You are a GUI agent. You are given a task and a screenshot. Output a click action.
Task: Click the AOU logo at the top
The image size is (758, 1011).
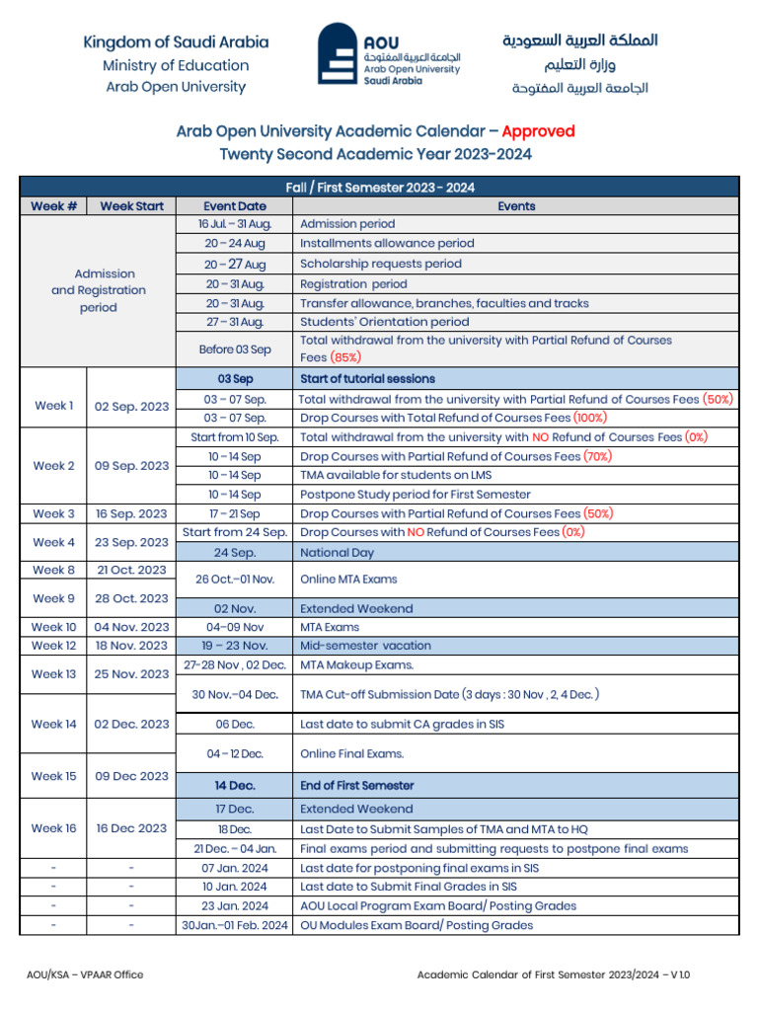(x=389, y=55)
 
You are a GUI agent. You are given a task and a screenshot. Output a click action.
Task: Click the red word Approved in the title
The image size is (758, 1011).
(x=538, y=131)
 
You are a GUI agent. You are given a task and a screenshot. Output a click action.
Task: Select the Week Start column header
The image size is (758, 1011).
(x=131, y=206)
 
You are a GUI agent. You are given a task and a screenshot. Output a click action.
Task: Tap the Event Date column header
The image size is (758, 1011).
(x=234, y=206)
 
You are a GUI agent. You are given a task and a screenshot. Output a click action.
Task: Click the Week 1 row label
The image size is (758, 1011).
(x=53, y=406)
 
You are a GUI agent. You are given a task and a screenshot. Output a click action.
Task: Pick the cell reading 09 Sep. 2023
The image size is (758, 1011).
(x=131, y=466)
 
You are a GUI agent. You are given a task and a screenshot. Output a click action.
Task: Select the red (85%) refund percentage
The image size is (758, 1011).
(x=345, y=357)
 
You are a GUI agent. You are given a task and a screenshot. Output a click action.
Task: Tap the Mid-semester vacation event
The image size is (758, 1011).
(x=365, y=646)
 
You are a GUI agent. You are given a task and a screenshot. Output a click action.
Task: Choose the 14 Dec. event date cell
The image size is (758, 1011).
(x=234, y=786)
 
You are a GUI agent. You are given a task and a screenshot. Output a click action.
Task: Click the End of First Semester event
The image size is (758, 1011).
(x=356, y=786)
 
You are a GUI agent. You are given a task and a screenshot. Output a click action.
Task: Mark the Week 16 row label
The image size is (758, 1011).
(x=53, y=828)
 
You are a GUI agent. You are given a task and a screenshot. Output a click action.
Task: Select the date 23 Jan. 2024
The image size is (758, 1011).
(x=234, y=905)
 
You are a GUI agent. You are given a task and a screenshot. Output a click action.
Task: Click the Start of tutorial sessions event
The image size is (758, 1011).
(x=367, y=379)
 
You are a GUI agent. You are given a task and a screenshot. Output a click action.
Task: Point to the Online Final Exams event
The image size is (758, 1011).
(x=351, y=753)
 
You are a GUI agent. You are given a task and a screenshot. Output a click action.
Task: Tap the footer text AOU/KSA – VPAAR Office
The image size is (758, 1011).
(x=85, y=974)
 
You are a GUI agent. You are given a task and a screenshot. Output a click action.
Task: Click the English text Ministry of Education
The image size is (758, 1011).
(x=176, y=65)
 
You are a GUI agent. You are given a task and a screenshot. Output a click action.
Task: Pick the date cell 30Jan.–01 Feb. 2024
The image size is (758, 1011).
(x=234, y=925)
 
